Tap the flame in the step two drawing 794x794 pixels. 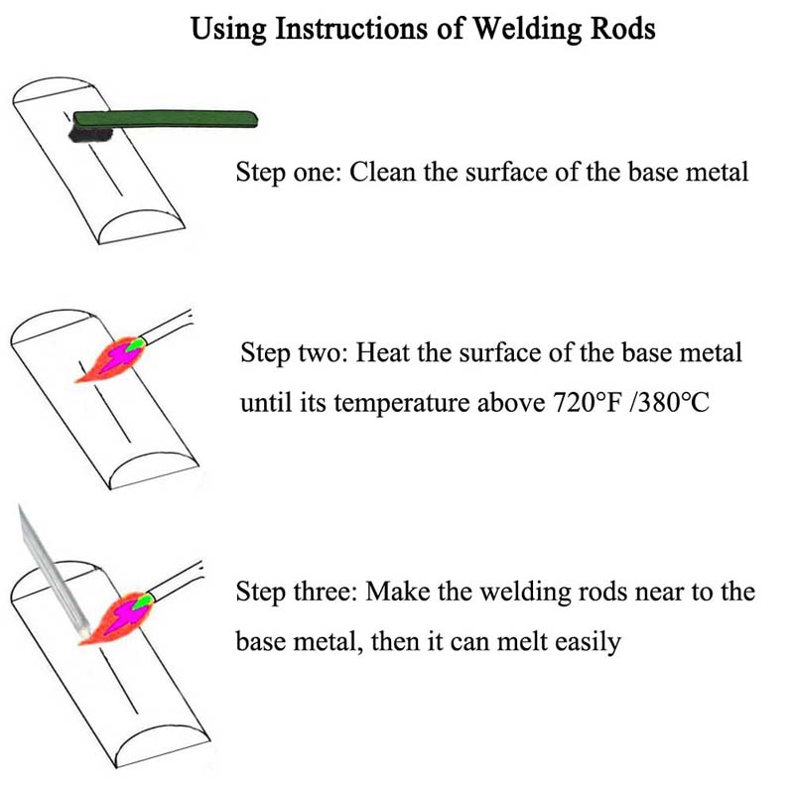[111, 359]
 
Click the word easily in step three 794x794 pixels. [592, 641]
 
